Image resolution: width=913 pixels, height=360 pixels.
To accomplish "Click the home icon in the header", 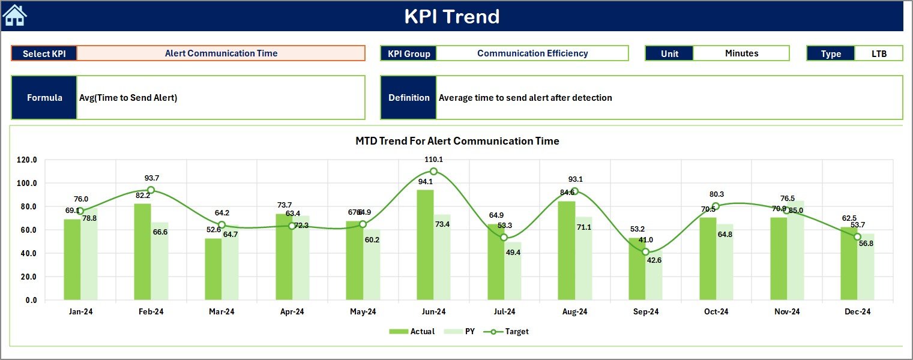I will pos(14,16).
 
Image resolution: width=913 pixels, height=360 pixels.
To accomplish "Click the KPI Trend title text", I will pos(451,16).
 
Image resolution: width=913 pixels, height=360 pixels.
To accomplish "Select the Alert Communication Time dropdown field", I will pos(221,53).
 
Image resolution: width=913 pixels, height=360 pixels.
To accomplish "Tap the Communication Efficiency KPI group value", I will pos(532,53).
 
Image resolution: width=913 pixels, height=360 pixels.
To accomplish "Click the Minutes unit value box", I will pos(741,53).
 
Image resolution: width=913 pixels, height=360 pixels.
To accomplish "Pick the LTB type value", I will pos(878,53).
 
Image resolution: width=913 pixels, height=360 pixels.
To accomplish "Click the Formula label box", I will pos(44,98).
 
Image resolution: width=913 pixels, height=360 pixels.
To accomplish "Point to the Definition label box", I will pos(409,98).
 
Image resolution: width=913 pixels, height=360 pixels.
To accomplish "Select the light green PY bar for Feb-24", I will pos(159,261).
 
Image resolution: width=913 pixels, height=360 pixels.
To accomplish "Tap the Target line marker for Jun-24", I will pos(433,171).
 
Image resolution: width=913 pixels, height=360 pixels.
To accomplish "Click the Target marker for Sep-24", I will pos(645,252).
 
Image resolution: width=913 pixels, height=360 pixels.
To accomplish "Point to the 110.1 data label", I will pos(433,160).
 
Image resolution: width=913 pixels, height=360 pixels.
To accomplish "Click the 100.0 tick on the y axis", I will pos(27,183).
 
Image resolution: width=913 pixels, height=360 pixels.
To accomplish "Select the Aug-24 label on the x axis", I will pos(575,312).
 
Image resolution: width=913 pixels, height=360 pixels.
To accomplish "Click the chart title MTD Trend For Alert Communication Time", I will pos(457,141).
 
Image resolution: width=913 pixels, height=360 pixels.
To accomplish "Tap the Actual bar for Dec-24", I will pos(849,263).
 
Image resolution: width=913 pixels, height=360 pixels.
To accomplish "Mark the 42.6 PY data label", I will pos(654,260).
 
